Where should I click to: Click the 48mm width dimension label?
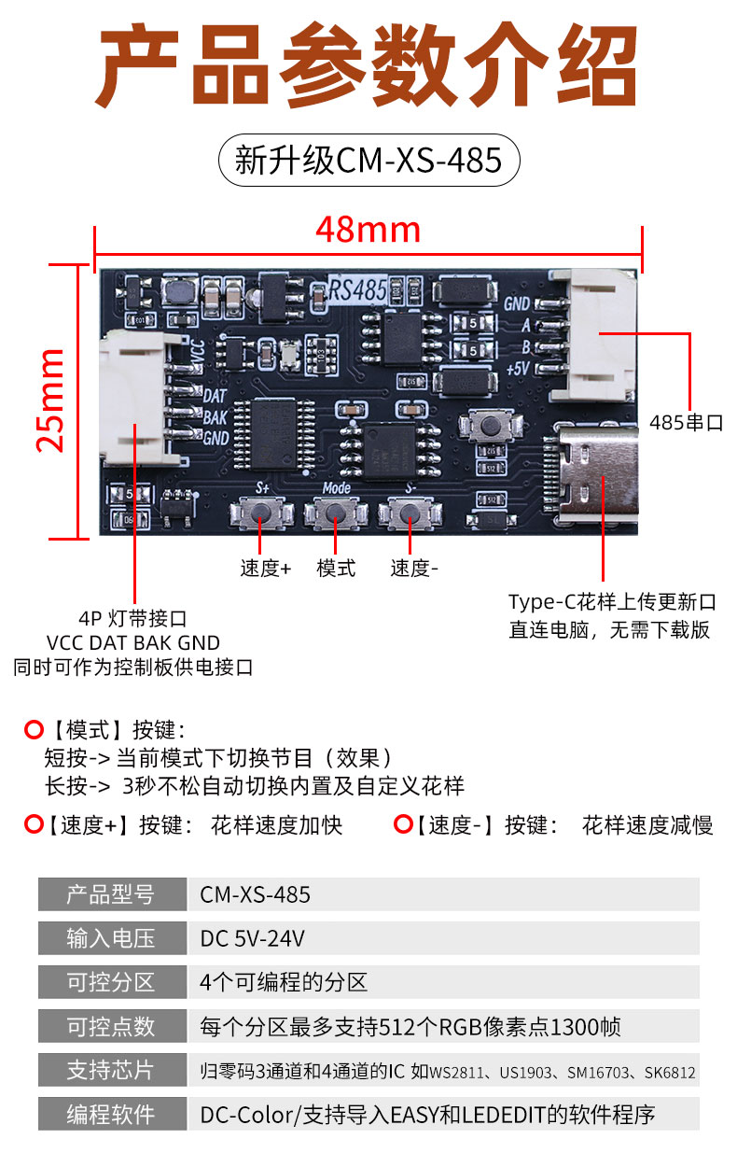pyautogui.click(x=368, y=230)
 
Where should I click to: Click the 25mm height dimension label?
pyautogui.click(x=50, y=401)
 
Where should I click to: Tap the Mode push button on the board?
pyautogui.click(x=336, y=513)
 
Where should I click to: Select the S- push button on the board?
pyautogui.click(x=410, y=513)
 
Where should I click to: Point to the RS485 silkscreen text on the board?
pyautogui.click(x=358, y=289)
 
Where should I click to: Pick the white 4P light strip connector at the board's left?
pyautogui.click(x=135, y=398)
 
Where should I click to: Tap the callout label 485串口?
pyautogui.click(x=686, y=423)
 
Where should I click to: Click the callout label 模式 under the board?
pyautogui.click(x=336, y=568)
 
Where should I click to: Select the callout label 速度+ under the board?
pyautogui.click(x=266, y=568)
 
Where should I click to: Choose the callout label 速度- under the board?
pyautogui.click(x=414, y=568)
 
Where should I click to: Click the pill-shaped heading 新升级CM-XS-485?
pyautogui.click(x=368, y=160)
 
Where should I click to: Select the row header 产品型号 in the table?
pyautogui.click(x=110, y=894)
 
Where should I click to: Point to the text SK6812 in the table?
pyautogui.click(x=670, y=1072)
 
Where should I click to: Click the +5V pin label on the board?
pyautogui.click(x=518, y=369)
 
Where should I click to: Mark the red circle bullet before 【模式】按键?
pyautogui.click(x=34, y=729)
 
